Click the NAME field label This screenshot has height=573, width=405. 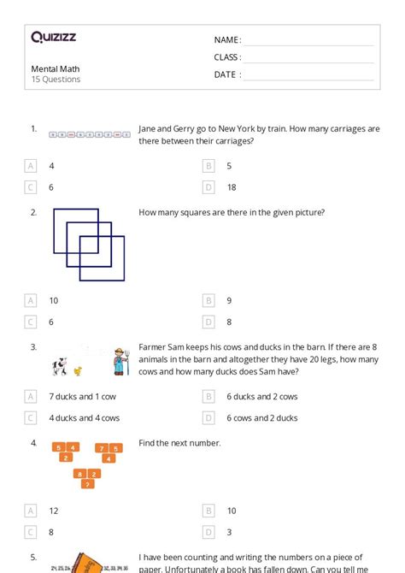click(x=227, y=40)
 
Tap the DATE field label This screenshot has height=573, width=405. click(x=227, y=74)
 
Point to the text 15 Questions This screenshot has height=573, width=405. click(x=56, y=80)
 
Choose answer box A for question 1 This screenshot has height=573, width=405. click(x=32, y=166)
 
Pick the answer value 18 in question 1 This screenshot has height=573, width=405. click(x=232, y=187)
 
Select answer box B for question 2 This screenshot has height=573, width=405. click(x=208, y=300)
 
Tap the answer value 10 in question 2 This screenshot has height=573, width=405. click(x=53, y=300)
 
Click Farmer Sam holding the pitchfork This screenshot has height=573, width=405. click(x=117, y=361)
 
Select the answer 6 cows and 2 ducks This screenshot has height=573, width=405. click(x=261, y=418)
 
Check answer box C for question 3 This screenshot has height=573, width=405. click(x=32, y=418)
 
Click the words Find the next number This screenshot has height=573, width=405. click(x=179, y=443)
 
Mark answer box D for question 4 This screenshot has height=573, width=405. click(x=208, y=531)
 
